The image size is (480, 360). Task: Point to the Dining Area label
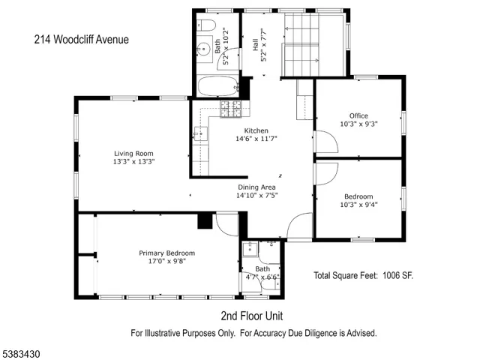pyautogui.click(x=256, y=187)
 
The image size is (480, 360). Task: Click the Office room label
pyautogui.click(x=358, y=115)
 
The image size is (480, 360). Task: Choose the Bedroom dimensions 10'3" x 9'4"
pyautogui.click(x=358, y=205)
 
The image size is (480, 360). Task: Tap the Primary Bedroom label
pyautogui.click(x=166, y=253)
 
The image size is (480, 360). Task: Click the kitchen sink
pyautogui.click(x=199, y=135)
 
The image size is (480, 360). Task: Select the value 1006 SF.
pyautogui.click(x=397, y=276)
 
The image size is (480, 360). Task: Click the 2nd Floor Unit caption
pyautogui.click(x=251, y=315)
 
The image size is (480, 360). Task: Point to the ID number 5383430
pyautogui.click(x=22, y=350)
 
